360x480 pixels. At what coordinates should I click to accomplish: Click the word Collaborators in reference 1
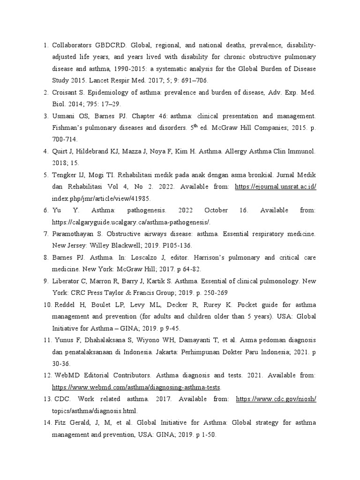point(74,45)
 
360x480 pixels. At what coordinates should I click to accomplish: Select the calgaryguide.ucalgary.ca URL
point(131,222)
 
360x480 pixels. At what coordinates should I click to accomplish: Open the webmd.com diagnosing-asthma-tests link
point(136,388)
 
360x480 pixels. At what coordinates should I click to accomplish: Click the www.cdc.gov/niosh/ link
point(276,399)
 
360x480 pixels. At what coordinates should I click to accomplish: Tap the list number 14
point(46,423)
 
